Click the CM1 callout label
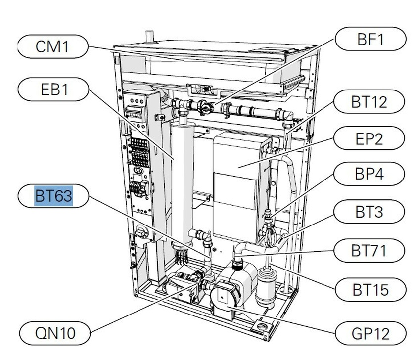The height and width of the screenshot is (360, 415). pyautogui.click(x=52, y=47)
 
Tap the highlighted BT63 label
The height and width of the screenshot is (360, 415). pyautogui.click(x=53, y=196)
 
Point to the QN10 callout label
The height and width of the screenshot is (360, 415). pyautogui.click(x=55, y=333)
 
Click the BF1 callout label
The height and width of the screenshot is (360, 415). pyautogui.click(x=370, y=39)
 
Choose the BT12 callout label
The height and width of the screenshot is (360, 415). pyautogui.click(x=369, y=102)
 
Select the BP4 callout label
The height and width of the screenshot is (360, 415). pyautogui.click(x=369, y=175)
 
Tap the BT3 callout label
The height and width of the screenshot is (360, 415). pyautogui.click(x=369, y=213)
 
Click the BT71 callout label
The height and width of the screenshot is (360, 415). pyautogui.click(x=369, y=251)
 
